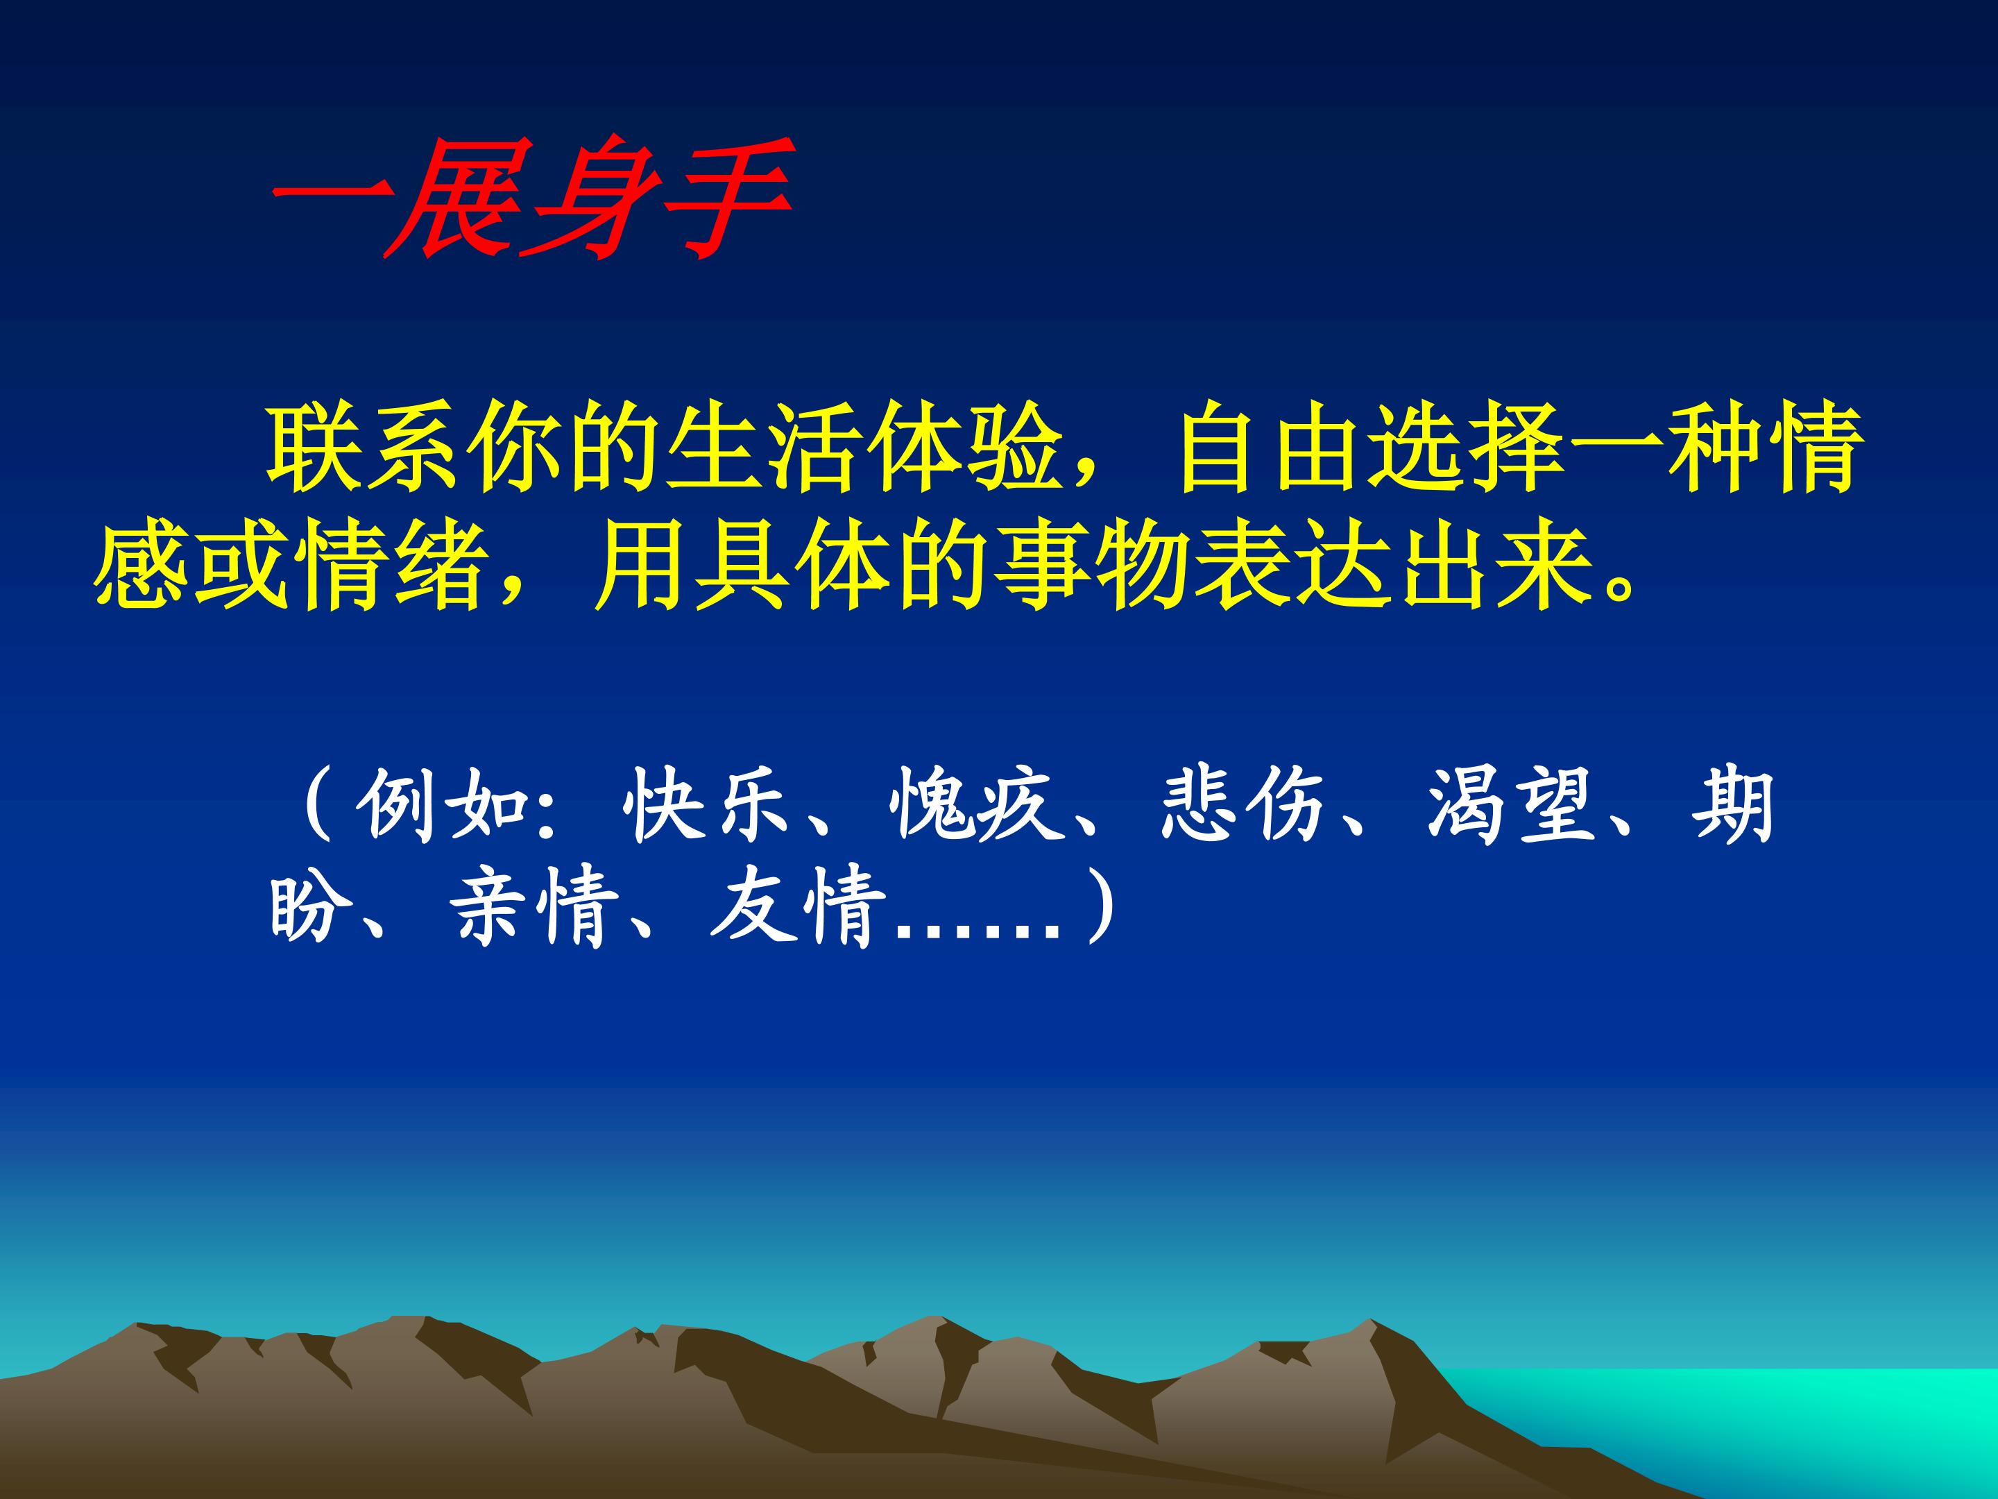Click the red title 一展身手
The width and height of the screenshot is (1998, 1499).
point(532,198)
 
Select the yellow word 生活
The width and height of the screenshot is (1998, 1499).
point(760,450)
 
